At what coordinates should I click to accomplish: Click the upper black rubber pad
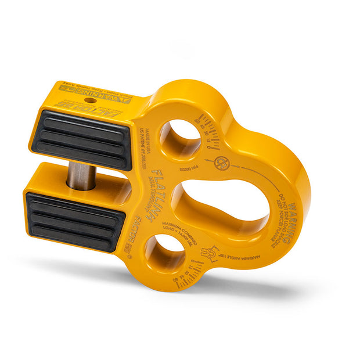81,139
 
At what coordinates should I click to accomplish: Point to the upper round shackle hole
180,140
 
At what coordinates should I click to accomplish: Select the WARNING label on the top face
110,96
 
